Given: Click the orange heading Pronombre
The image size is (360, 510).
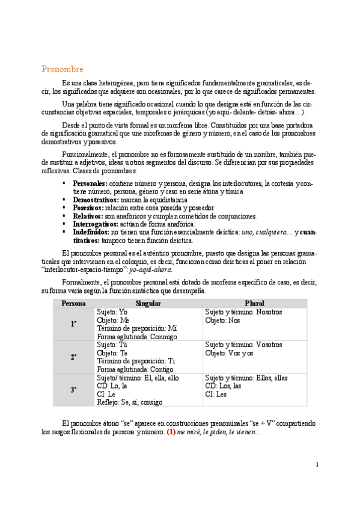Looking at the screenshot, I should (x=62, y=69).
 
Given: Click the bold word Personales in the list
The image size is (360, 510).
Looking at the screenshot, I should (x=90, y=183).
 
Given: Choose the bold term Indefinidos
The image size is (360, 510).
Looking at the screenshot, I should (x=91, y=232).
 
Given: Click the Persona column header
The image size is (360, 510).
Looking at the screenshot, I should (x=73, y=304).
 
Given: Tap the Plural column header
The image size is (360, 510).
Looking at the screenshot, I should (x=255, y=304).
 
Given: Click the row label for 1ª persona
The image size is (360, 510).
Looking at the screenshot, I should (x=73, y=324).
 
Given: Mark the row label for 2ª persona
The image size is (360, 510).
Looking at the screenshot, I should (x=73, y=357).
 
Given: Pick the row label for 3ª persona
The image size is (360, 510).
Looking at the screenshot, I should (x=73, y=389).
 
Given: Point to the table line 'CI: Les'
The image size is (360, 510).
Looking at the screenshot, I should (x=216, y=394).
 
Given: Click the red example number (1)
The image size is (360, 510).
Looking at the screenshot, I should (x=171, y=432).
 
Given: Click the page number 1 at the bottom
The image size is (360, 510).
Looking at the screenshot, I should (x=317, y=464).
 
